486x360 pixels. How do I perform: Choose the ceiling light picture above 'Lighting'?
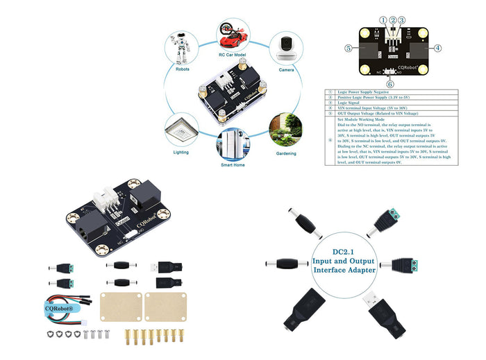pyautogui.click(x=179, y=128)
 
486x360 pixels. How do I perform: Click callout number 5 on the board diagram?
pyautogui.click(x=349, y=49)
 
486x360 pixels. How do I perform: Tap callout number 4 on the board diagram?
pyautogui.click(x=437, y=49)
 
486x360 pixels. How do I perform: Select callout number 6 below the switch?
pyautogui.click(x=390, y=84)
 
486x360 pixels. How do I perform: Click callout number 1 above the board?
pyautogui.click(x=383, y=20)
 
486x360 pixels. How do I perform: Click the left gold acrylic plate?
pyautogui.click(x=120, y=307)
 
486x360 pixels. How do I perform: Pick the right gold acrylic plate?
pyautogui.click(x=162, y=307)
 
